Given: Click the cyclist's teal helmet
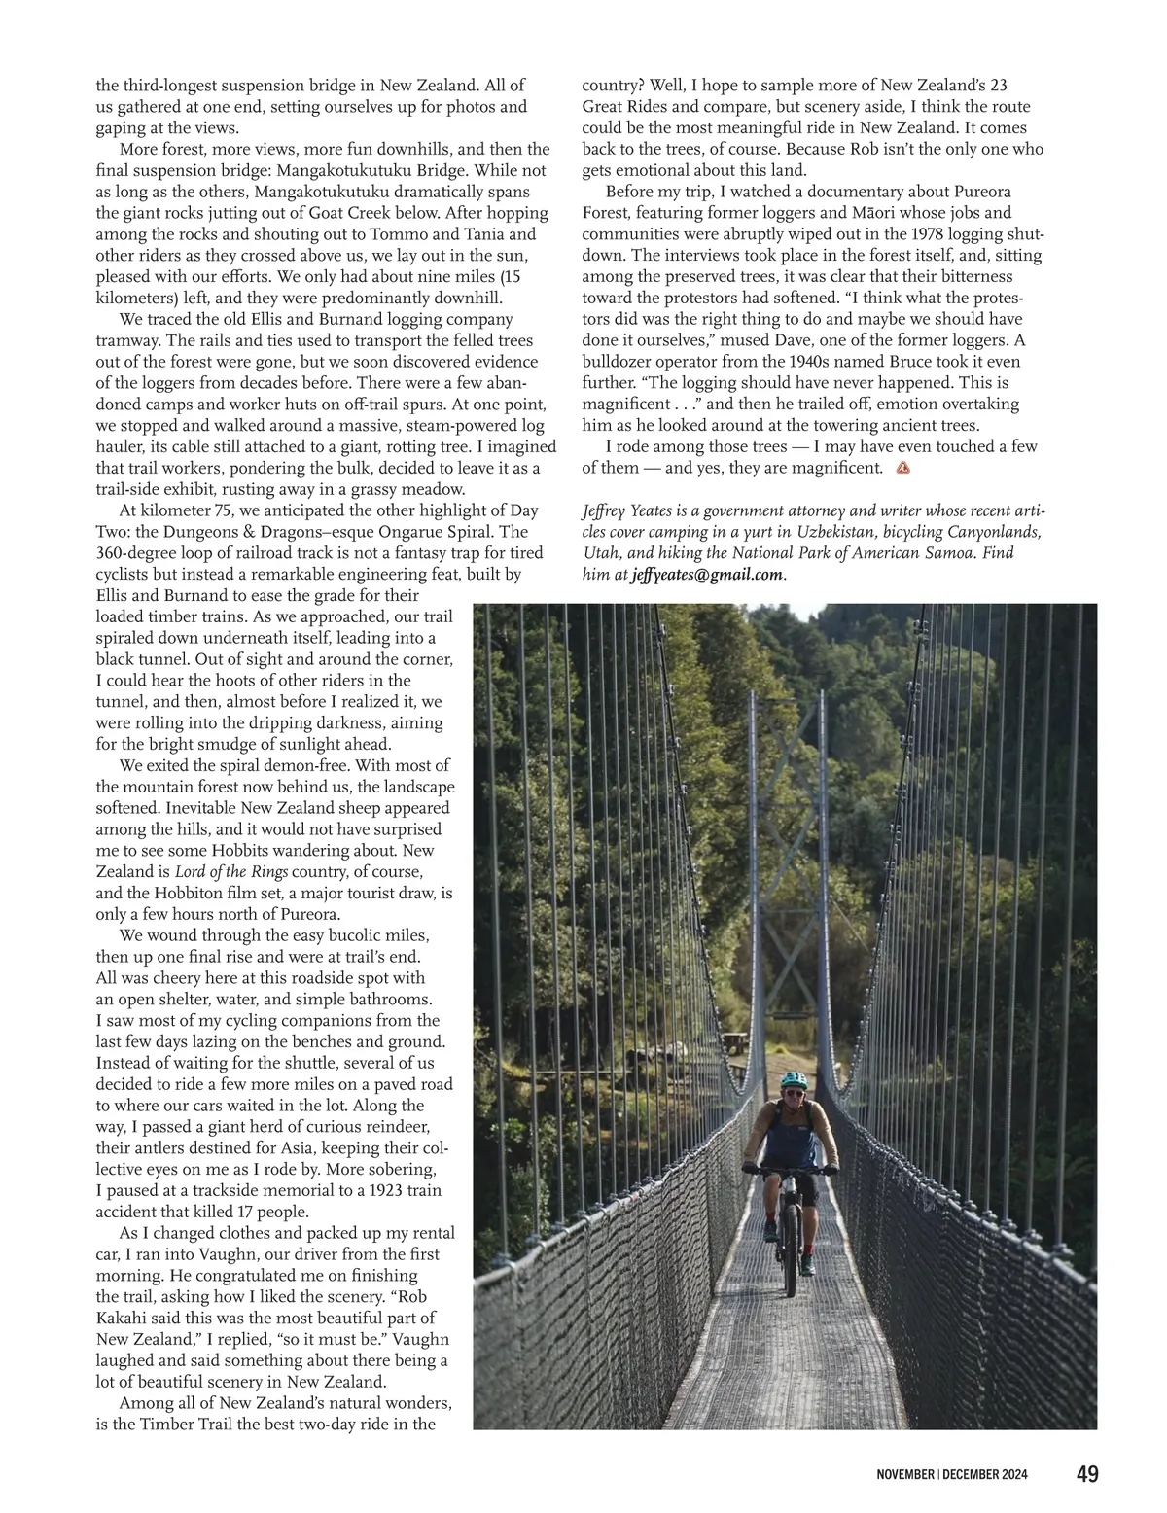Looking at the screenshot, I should point(794,1080).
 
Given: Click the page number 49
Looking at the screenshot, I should point(1087,1474).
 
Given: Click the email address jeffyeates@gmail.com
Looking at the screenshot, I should point(706,574).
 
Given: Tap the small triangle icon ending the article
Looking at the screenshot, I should point(902,468).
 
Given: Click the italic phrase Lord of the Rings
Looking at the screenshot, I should point(231,871).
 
